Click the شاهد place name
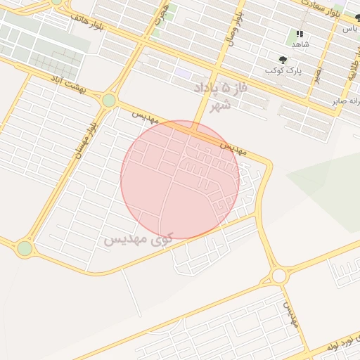point(300,44)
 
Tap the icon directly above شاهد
point(300,33)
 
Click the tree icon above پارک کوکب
point(283,60)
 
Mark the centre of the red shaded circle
point(180,180)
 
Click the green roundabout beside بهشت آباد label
point(108,101)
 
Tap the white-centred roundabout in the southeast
point(278,275)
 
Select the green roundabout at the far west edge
point(25,248)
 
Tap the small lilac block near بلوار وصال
point(184,73)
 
